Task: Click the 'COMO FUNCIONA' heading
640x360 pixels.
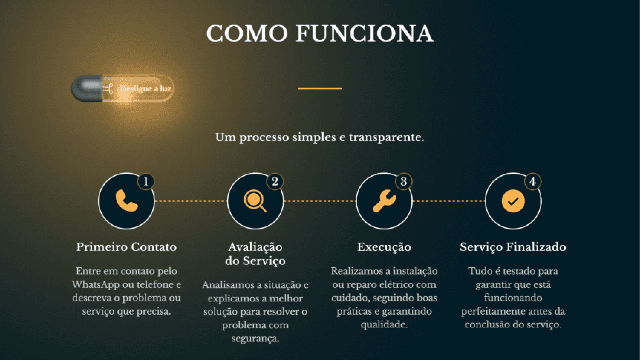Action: tap(320, 34)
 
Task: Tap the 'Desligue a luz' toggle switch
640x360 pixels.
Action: tap(122, 88)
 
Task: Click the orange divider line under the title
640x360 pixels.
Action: tap(320, 88)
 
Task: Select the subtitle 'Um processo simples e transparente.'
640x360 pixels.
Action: tap(320, 137)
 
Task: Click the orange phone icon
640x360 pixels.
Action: tap(126, 201)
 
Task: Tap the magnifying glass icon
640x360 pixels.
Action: tap(255, 201)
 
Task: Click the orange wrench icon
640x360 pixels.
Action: tap(384, 201)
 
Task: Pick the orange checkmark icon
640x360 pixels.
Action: tap(513, 201)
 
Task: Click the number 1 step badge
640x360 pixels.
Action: tap(146, 182)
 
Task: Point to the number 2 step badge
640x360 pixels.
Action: tap(275, 182)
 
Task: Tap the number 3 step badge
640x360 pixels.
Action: tap(404, 182)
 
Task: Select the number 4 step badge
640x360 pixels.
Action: tap(533, 182)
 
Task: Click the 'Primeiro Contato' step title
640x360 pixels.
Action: tap(126, 247)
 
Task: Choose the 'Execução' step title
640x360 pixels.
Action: tap(384, 247)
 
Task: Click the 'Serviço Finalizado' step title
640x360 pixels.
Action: tap(513, 247)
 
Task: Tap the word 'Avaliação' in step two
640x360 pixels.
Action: tap(255, 247)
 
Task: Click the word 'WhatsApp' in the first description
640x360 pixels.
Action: tap(95, 285)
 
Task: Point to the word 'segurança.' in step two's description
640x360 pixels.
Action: tap(255, 339)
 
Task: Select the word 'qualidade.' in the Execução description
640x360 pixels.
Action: tap(384, 325)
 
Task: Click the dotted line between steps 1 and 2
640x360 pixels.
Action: tap(191, 201)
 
